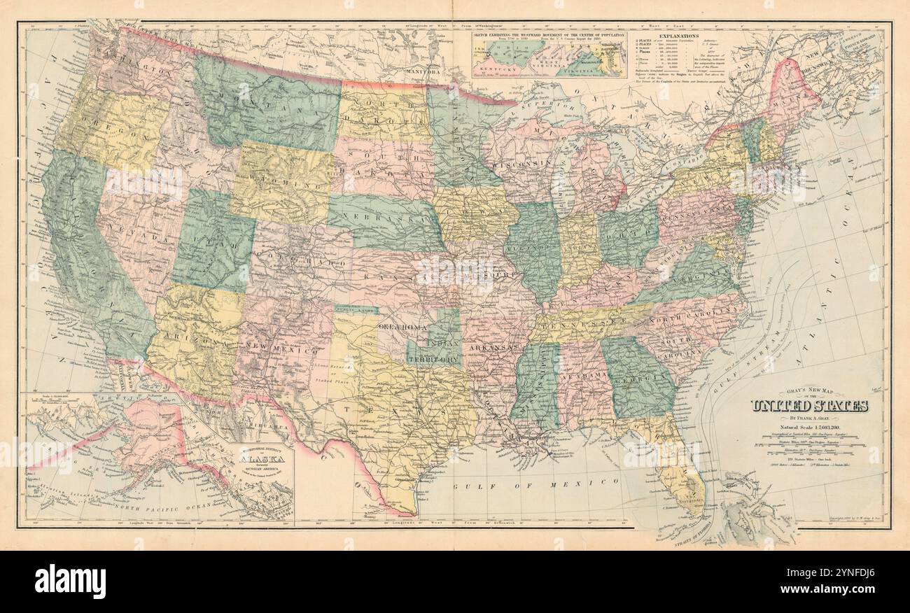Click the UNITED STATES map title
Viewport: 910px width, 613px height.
[x=809, y=406]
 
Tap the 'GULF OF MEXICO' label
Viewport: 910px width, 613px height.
[x=535, y=482]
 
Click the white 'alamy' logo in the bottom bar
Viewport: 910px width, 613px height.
[x=70, y=581]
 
